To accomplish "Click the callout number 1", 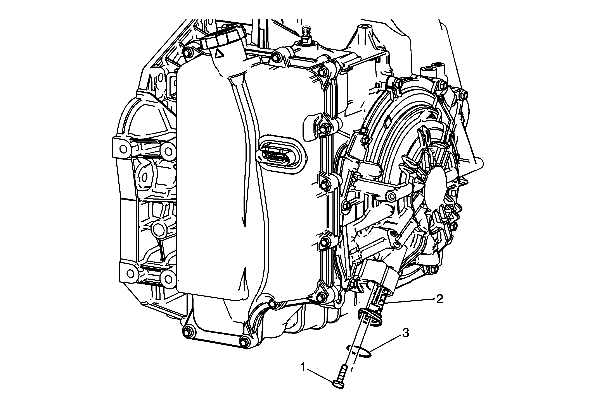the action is [303, 367].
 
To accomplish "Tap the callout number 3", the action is [405, 333].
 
